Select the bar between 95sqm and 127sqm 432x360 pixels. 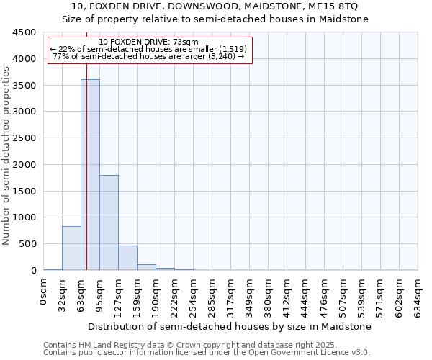pyautogui.click(x=109, y=222)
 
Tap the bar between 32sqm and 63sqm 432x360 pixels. pyautogui.click(x=71, y=248)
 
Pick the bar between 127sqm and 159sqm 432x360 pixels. pyautogui.click(x=127, y=258)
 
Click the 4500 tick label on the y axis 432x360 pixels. pyautogui.click(x=24, y=32)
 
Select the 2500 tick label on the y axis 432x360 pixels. pyautogui.click(x=24, y=138)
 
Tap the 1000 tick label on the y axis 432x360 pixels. pyautogui.click(x=24, y=217)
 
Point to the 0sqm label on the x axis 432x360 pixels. pyautogui.click(x=44, y=292)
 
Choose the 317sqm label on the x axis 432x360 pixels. pyautogui.click(x=231, y=295)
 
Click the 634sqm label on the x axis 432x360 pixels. pyautogui.click(x=418, y=295)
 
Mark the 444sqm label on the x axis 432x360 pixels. pyautogui.click(x=306, y=295)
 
